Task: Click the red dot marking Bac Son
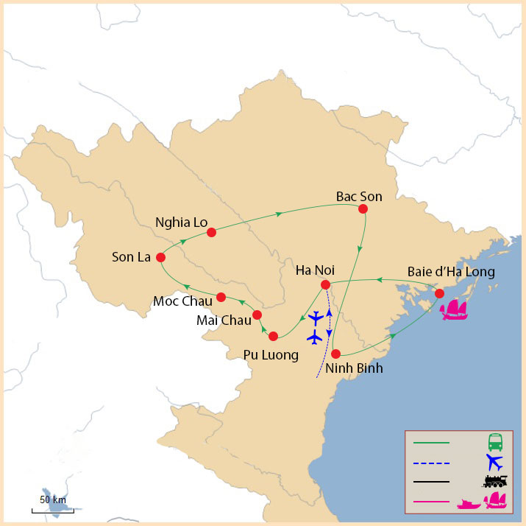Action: pos(363,209)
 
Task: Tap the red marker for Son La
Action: pos(160,258)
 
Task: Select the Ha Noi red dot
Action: pos(325,284)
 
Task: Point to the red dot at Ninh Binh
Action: pos(335,354)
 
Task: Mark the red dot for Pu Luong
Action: pos(274,336)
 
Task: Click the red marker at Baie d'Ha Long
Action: pos(439,293)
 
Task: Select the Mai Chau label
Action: pos(224,320)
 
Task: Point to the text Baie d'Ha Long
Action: pos(451,272)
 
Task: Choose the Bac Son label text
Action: pos(359,196)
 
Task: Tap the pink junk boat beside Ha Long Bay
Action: pos(454,309)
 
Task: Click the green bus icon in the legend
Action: pos(496,443)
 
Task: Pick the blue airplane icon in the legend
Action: pos(494,463)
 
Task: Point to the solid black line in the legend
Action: pos(432,483)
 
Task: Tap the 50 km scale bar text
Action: pos(53,500)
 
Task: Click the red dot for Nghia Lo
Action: pos(211,233)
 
